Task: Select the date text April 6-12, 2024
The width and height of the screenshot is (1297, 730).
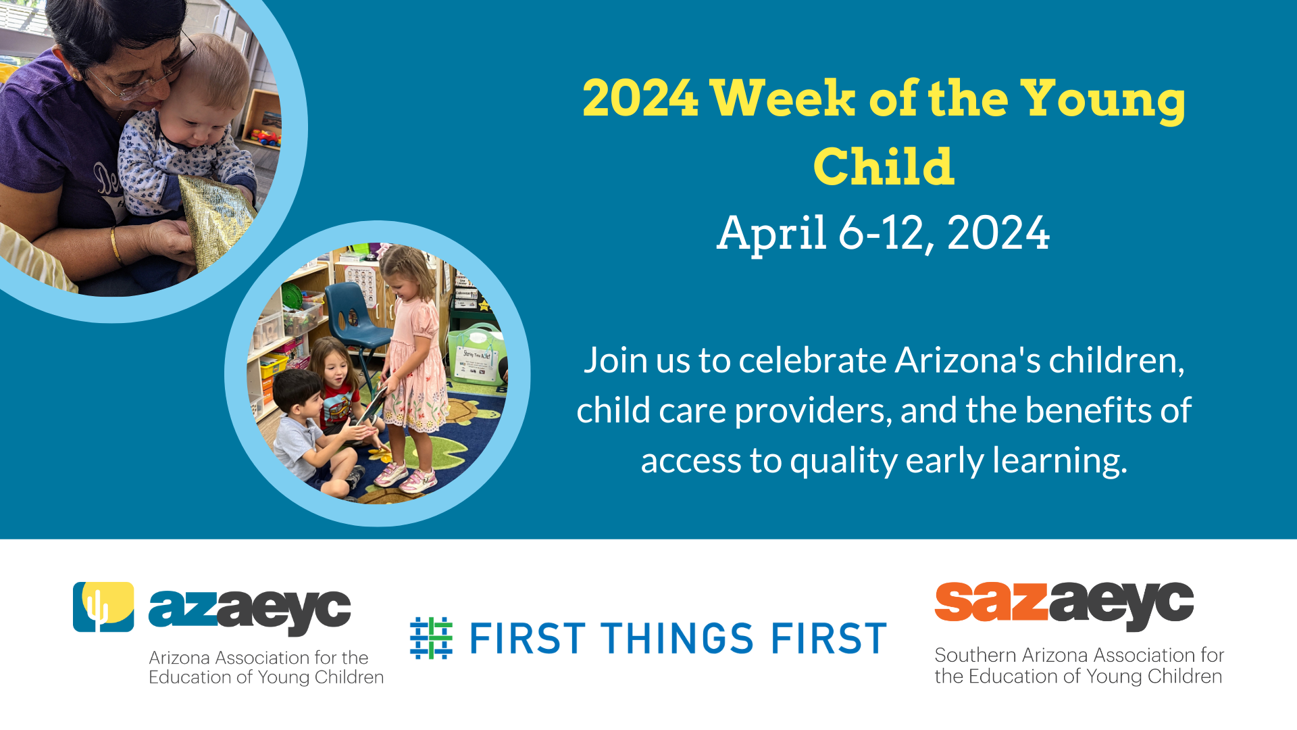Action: [883, 233]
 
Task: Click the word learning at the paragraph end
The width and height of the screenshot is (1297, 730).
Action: [1059, 461]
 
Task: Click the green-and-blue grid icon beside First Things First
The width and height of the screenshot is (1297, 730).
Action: [431, 637]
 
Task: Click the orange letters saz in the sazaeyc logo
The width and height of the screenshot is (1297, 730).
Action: [990, 602]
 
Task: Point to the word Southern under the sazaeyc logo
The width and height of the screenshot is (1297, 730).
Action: [975, 655]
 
